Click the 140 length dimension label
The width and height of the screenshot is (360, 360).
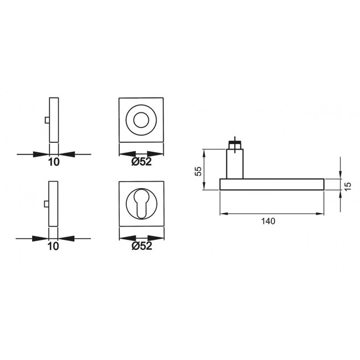coord(268,220)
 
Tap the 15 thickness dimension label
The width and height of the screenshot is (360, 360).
coord(348,186)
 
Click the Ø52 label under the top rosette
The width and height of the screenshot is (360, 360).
coord(142,162)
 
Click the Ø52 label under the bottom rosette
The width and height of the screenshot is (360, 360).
coord(142,246)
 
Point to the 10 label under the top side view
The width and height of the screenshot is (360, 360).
coord(54,162)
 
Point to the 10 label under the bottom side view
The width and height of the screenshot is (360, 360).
coord(53,246)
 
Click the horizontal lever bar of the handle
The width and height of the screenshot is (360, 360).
coord(271,184)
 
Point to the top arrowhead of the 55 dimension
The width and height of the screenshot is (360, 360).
coord(204,152)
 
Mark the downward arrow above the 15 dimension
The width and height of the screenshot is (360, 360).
coord(340,174)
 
